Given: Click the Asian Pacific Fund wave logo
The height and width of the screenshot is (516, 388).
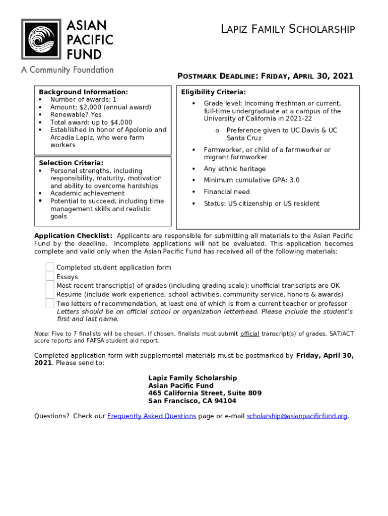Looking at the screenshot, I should coord(41,39).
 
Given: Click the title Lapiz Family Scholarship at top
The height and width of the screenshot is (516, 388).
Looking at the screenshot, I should coord(288,30).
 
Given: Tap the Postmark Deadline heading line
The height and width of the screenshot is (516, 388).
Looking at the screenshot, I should coord(265,76).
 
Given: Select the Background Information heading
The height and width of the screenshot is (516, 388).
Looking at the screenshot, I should coord(84,92).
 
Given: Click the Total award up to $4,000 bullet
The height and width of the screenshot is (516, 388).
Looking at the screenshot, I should coord(91,122).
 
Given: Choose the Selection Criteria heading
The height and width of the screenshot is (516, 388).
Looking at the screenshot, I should coord(71,163).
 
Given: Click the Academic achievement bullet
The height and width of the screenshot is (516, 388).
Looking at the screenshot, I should coord(87,193).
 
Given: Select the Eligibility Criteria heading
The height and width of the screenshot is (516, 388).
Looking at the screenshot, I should coord(214,92).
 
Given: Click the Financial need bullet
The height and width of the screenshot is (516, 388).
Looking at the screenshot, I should coord(226,192).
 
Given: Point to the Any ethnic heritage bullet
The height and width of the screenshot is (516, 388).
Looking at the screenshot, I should coord(234,169).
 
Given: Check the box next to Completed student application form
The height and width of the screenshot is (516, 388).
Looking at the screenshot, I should coord(50,267).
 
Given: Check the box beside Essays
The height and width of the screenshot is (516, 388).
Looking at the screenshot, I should coord(50,276).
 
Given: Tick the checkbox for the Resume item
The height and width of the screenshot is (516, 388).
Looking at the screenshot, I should coord(50,294).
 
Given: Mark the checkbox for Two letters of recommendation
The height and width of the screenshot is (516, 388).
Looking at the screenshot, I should coord(50,303).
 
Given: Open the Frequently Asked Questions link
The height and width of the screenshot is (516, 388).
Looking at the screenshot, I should coord(152,416).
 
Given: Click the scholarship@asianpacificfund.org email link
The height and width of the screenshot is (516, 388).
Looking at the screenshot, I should coord(297,416).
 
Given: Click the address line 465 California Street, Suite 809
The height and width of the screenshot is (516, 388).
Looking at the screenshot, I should coord(205,393).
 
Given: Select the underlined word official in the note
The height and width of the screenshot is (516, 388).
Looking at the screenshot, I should coord(249,334).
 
